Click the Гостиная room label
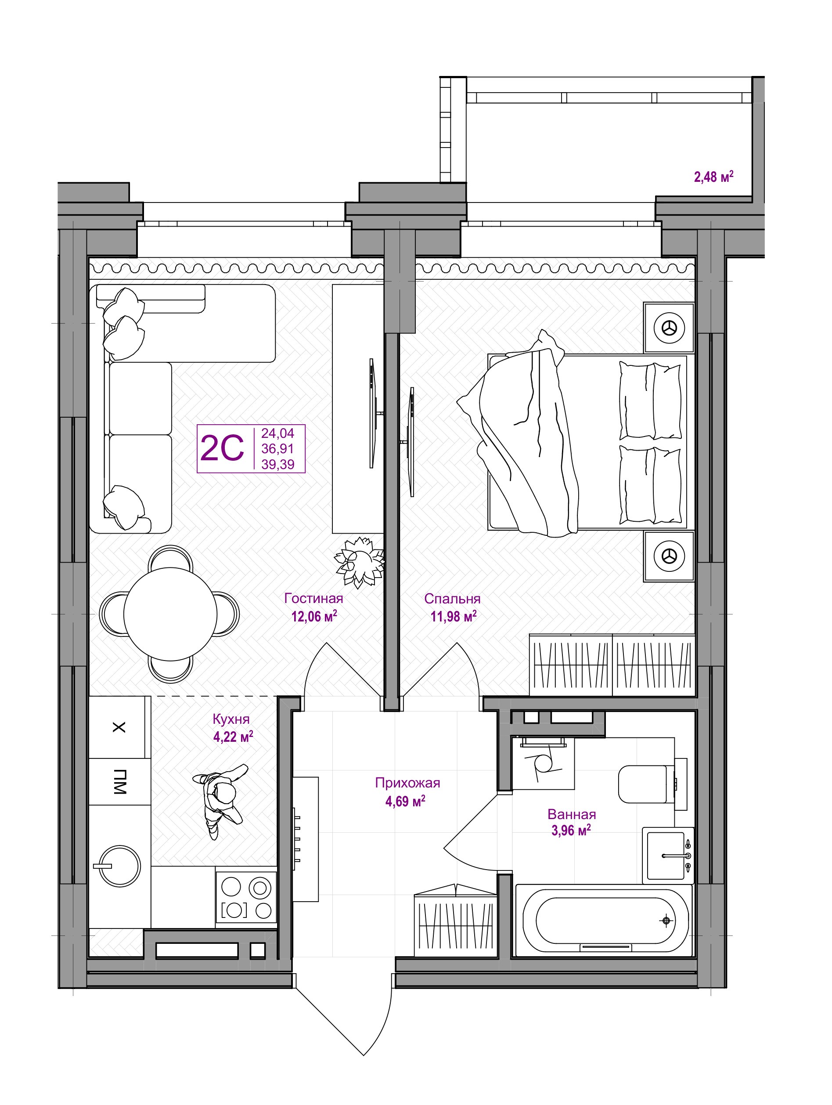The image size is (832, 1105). pyautogui.click(x=313, y=598)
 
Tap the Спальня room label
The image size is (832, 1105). pyautogui.click(x=453, y=598)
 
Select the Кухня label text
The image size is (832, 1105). pyautogui.click(x=231, y=719)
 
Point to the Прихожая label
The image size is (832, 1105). pyautogui.click(x=407, y=783)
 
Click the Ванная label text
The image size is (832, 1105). pyautogui.click(x=572, y=815)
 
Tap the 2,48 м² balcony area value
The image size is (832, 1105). pyautogui.click(x=713, y=177)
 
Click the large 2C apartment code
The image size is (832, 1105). pyautogui.click(x=222, y=448)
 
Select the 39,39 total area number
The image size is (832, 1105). pyautogui.click(x=277, y=465)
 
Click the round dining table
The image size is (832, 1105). pyautogui.click(x=170, y=614)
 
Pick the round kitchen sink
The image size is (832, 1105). pyautogui.click(x=119, y=866)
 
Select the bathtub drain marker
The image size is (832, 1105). pyautogui.click(x=665, y=920)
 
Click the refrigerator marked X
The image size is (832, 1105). pyautogui.click(x=119, y=727)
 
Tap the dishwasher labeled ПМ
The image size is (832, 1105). pyautogui.click(x=119, y=782)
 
